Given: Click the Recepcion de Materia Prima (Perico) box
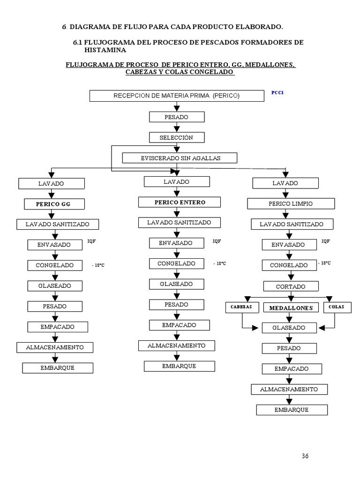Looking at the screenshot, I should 176,96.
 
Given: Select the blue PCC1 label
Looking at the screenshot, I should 277,93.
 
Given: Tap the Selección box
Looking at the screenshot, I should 176,137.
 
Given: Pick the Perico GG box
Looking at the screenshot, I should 54,204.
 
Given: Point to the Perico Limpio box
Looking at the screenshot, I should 291,204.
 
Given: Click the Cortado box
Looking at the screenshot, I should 291,286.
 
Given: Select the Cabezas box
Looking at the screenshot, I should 242,307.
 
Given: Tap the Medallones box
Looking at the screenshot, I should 291,307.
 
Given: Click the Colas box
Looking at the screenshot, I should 336,307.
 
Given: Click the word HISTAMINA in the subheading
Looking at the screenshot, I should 105,50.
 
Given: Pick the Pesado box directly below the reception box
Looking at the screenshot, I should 177,117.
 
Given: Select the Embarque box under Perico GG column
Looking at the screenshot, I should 57,368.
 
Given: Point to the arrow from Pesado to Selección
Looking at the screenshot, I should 177,127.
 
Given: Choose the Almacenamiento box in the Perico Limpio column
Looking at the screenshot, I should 289,390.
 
